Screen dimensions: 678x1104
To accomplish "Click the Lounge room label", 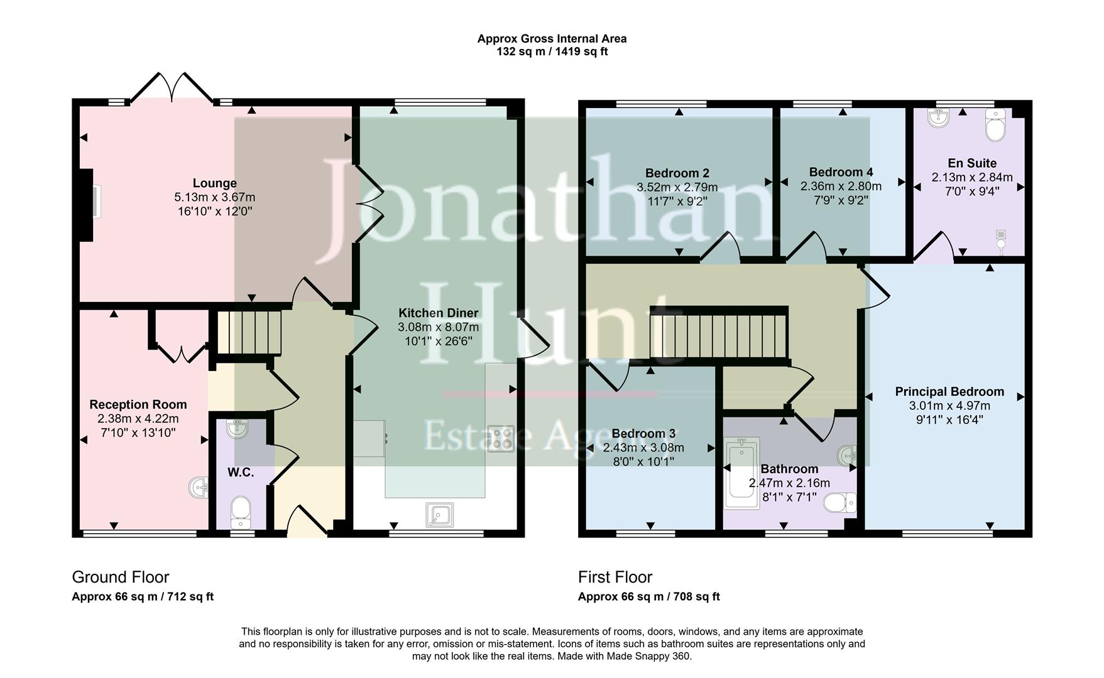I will click(214, 183).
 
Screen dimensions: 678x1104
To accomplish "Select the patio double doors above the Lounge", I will click(172, 88).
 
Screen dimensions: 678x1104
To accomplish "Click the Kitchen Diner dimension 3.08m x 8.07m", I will click(438, 327).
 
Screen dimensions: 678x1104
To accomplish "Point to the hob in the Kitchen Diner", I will click(500, 439).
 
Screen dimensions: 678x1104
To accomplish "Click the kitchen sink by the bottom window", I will click(439, 515).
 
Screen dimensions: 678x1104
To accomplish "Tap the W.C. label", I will click(241, 473).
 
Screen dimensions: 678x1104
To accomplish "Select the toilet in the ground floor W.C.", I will click(241, 512).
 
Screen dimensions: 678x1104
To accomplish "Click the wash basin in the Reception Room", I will click(199, 488).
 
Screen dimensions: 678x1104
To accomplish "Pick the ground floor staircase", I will click(249, 333).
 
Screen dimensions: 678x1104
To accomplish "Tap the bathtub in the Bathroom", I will click(742, 473).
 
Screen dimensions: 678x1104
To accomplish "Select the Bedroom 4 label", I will click(841, 172).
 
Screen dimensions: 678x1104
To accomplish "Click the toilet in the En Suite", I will click(996, 126).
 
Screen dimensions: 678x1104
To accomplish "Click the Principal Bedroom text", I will click(949, 392).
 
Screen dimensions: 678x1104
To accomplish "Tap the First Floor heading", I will click(615, 577).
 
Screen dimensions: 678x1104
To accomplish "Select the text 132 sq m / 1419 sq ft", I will click(552, 51).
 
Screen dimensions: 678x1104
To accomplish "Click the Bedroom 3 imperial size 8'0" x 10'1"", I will click(643, 462).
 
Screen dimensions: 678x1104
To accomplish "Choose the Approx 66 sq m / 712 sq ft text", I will click(143, 596).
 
